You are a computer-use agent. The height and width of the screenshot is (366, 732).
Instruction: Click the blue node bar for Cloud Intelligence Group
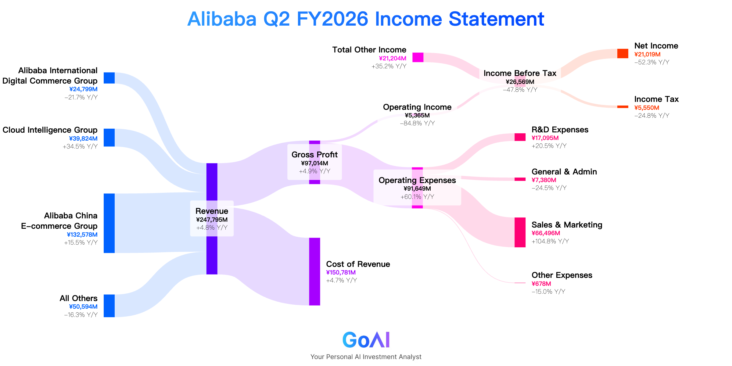109,138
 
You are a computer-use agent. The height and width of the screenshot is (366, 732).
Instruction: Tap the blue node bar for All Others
109,306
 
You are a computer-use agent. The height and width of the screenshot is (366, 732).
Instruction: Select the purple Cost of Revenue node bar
314,271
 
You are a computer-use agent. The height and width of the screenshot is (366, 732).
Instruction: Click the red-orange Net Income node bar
623,53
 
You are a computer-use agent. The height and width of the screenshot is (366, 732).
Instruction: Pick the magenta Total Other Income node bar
418,57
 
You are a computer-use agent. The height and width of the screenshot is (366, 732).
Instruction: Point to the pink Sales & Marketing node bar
520,232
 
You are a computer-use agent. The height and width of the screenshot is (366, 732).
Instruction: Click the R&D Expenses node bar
520,137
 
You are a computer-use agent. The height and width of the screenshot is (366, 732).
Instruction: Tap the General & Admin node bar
520,179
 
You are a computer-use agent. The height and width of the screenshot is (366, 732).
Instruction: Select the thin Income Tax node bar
623,107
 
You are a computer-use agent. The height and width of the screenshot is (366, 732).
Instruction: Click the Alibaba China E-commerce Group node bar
109,223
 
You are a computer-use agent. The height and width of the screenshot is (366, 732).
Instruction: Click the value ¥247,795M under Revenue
212,220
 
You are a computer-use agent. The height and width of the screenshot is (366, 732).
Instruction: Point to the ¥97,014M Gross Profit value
314,163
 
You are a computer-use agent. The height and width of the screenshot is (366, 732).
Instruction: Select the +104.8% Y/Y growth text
550,241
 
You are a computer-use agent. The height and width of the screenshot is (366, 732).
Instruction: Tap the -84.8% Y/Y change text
417,123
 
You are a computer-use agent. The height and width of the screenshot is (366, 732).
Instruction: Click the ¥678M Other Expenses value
541,284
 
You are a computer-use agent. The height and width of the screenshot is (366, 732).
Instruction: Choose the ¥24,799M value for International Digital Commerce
83,89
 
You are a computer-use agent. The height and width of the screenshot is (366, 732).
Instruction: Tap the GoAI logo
366,340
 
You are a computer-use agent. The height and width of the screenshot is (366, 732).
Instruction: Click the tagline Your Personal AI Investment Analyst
366,357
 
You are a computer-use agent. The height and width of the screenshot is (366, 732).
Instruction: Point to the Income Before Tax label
520,73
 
